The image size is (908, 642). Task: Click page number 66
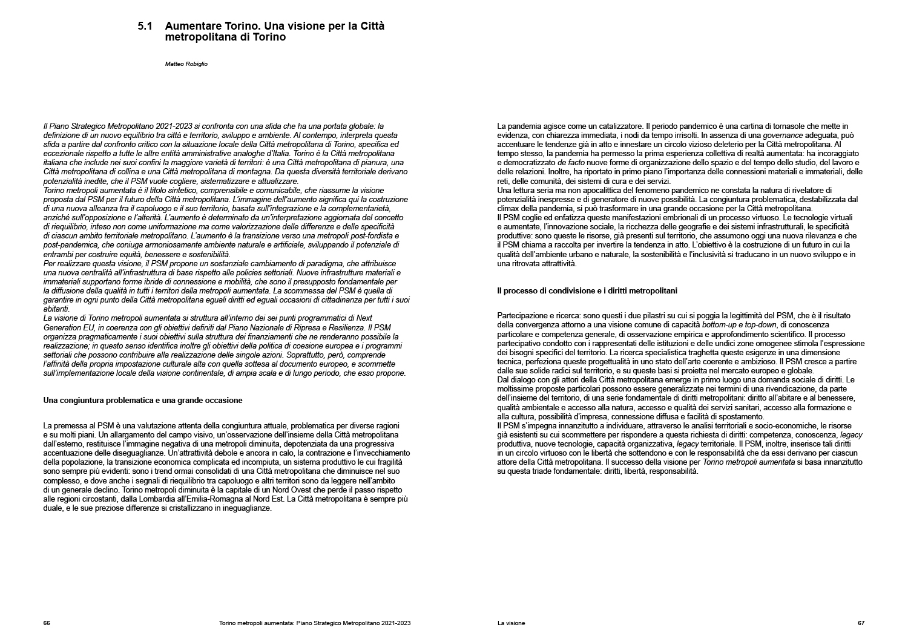pos(47,623)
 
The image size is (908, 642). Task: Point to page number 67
pos(861,623)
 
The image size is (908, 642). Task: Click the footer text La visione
pos(511,623)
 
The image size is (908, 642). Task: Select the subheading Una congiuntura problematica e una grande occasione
pos(143,400)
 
